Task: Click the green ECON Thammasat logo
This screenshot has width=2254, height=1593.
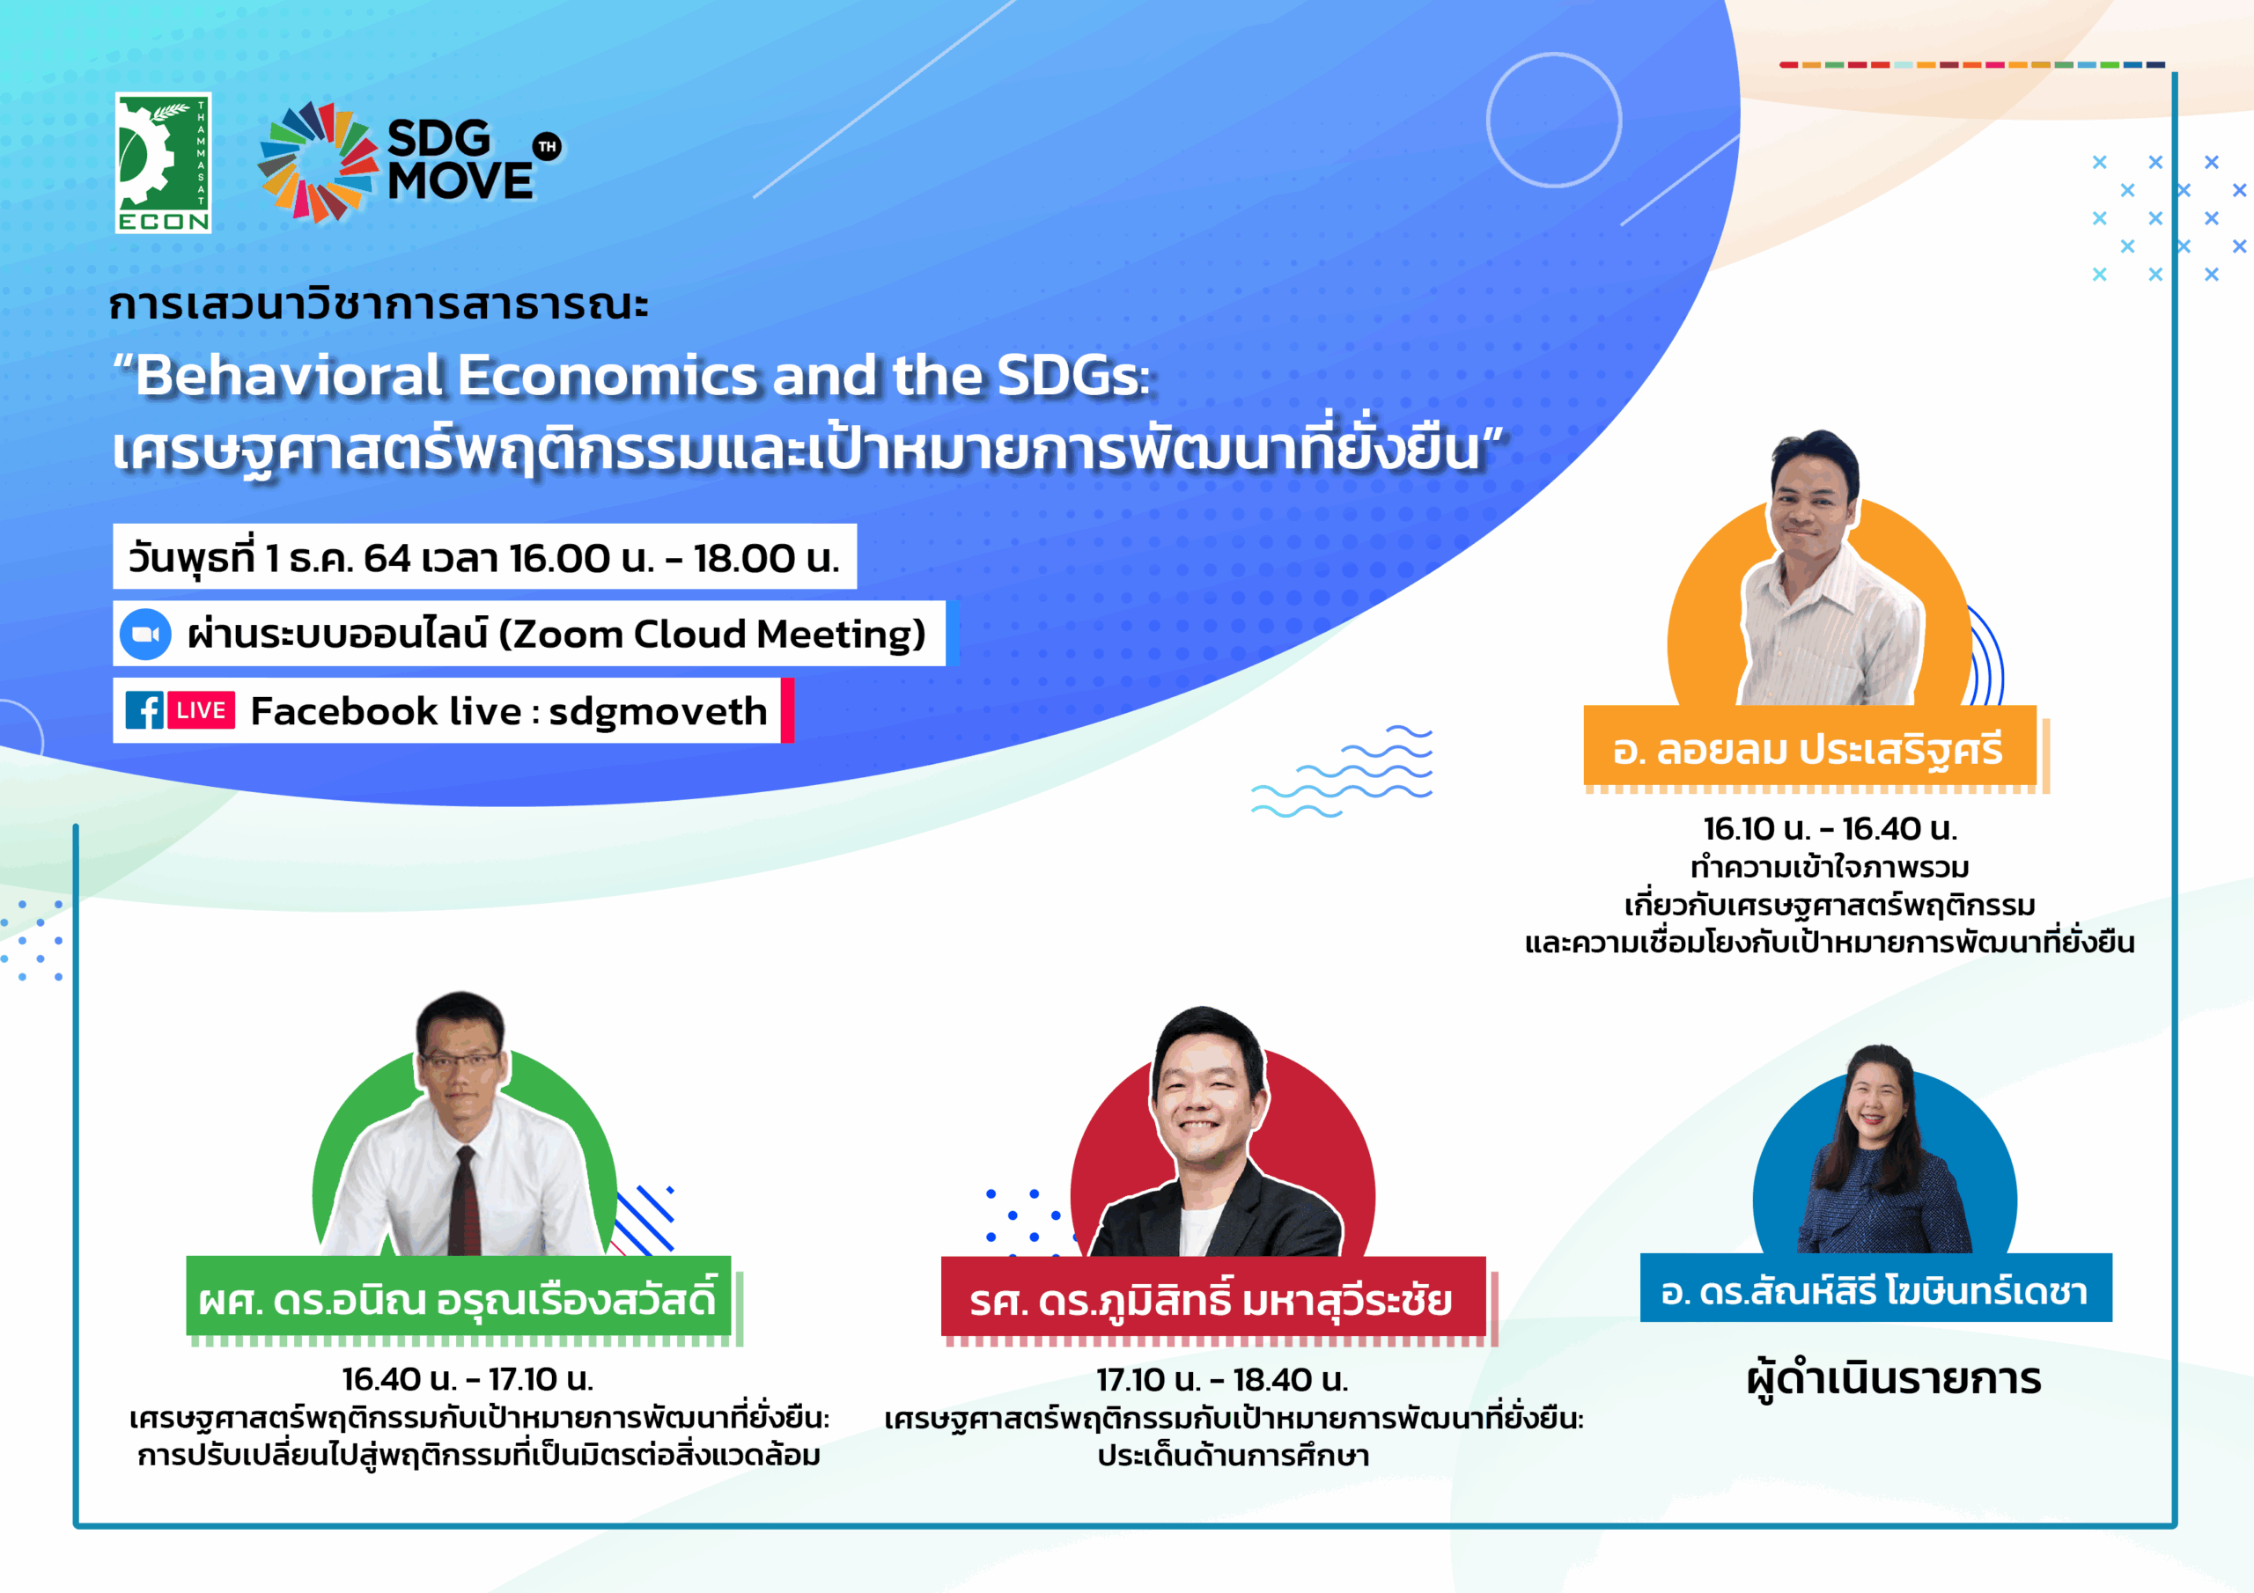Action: (x=163, y=163)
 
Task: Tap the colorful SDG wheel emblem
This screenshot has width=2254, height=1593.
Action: (x=318, y=162)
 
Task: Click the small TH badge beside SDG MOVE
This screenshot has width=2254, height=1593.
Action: (x=547, y=146)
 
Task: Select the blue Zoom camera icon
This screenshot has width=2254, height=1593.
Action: (x=145, y=634)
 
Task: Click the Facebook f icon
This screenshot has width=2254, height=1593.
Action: (x=144, y=710)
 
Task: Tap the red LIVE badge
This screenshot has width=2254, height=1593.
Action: (x=202, y=710)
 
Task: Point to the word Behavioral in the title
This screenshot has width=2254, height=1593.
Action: (x=289, y=375)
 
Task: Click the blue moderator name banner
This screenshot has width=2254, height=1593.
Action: (x=1876, y=1288)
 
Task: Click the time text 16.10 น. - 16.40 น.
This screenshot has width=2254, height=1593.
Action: (x=1830, y=829)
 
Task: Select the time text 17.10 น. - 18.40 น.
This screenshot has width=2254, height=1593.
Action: (x=1222, y=1380)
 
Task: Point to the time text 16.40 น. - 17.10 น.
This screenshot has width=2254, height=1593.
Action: (x=468, y=1379)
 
